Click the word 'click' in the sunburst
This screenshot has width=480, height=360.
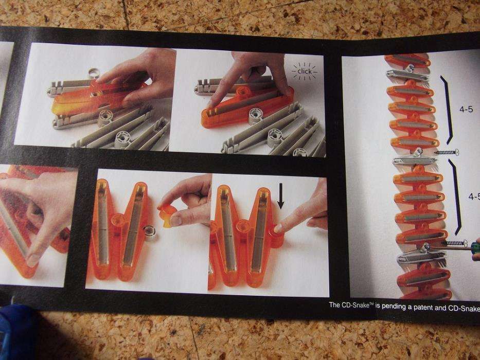(304, 71)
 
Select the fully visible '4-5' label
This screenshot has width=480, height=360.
(466, 109)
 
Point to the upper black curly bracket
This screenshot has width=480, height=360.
(448, 110)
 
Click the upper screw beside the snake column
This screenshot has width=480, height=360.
(447, 152)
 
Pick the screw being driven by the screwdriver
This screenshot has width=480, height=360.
(455, 243)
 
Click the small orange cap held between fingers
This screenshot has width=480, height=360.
(167, 216)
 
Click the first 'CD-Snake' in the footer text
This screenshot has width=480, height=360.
(357, 305)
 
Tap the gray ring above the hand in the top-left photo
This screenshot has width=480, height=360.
(94, 74)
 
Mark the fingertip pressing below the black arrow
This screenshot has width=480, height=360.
(278, 228)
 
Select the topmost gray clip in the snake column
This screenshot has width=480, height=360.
(406, 75)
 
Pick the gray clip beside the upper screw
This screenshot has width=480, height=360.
(415, 159)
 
